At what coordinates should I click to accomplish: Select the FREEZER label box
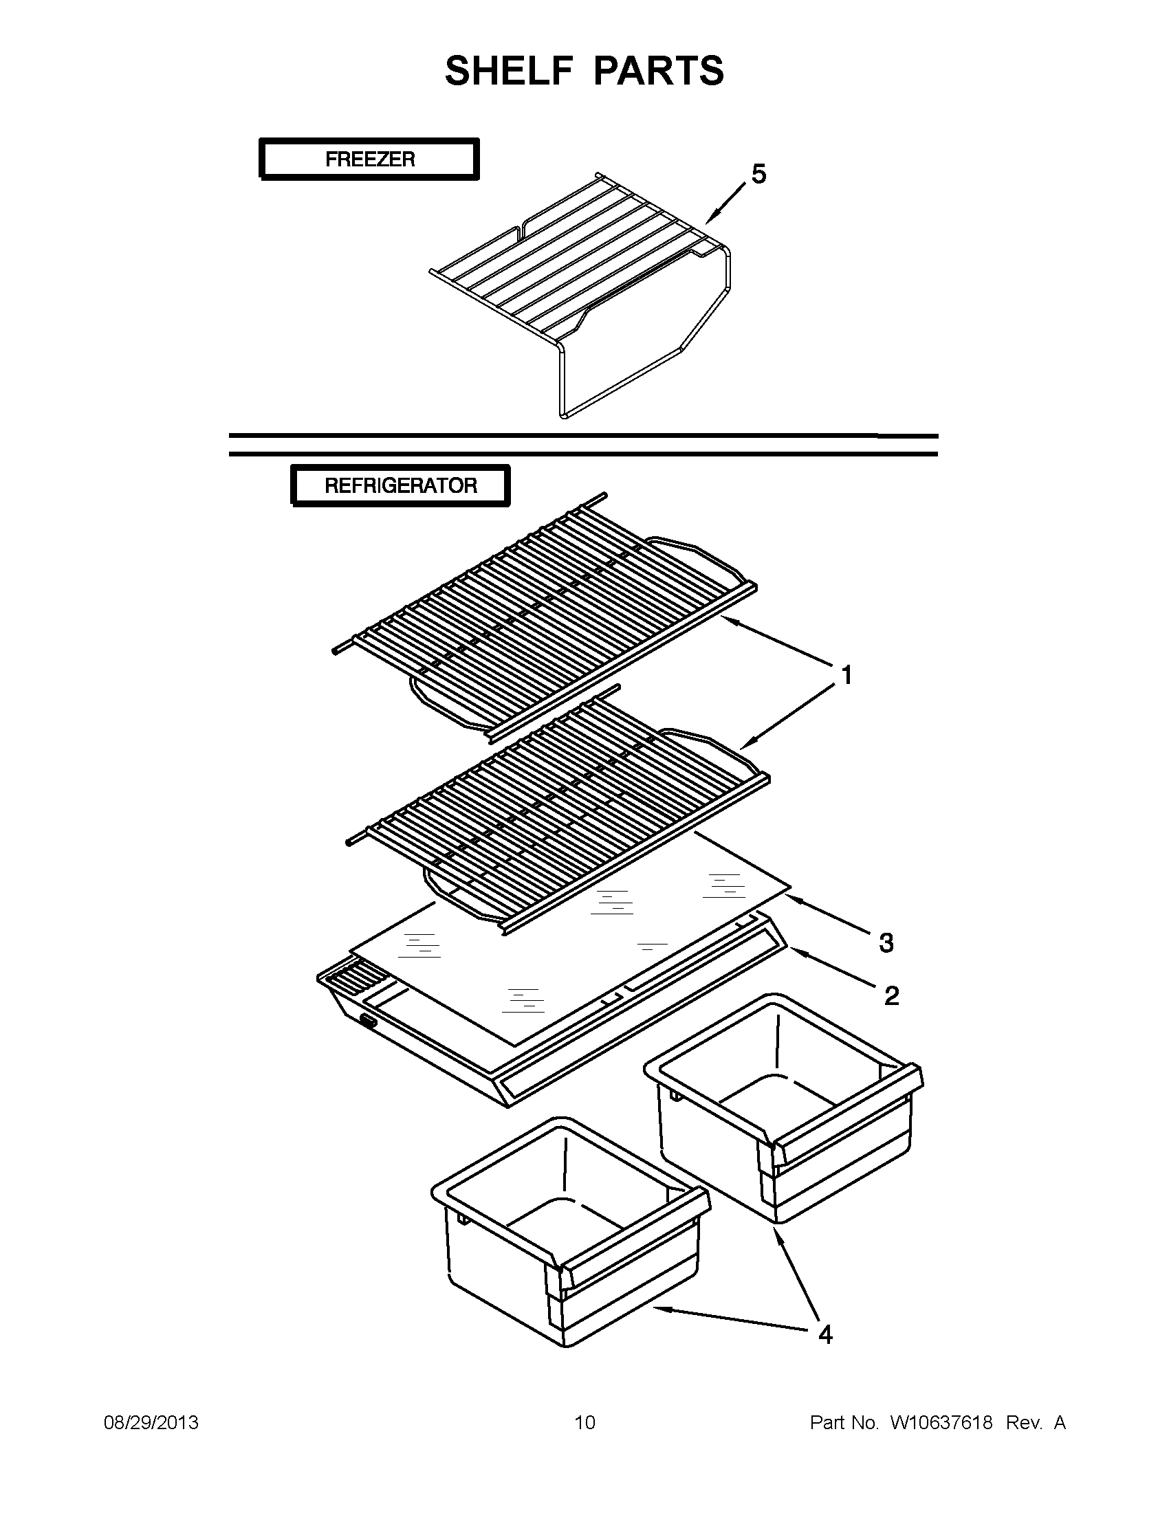(369, 159)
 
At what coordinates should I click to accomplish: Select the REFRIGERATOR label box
(400, 485)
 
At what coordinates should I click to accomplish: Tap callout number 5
(758, 175)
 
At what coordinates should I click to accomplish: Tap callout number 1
(846, 675)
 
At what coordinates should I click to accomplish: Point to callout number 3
(886, 943)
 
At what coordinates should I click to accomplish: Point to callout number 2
(891, 996)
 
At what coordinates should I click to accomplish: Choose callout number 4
(824, 1335)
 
